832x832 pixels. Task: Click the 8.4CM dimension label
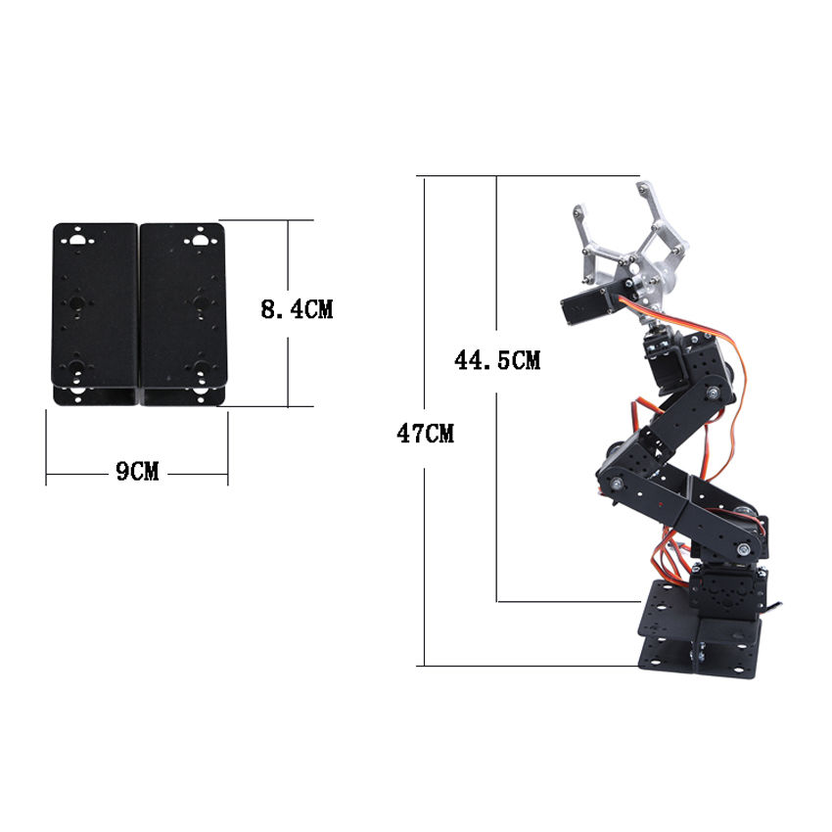(x=297, y=309)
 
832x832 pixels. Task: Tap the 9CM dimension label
(x=137, y=471)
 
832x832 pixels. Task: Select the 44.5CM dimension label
(x=497, y=360)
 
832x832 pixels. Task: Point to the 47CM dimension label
(x=425, y=434)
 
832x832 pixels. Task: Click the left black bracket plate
(x=94, y=313)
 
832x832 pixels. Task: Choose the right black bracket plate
(x=182, y=313)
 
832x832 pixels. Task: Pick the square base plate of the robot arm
(x=699, y=628)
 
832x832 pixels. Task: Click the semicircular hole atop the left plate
(x=77, y=239)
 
